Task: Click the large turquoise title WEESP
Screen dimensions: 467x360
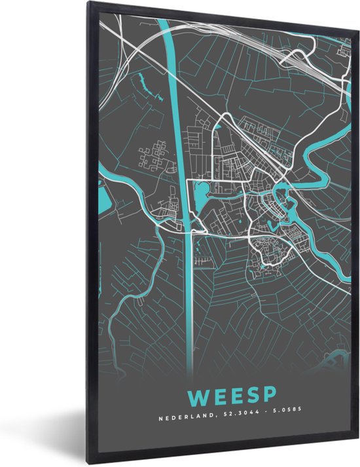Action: [231, 397]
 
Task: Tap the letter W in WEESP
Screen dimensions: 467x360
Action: [197, 397]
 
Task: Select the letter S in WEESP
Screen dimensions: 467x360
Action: [249, 397]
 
